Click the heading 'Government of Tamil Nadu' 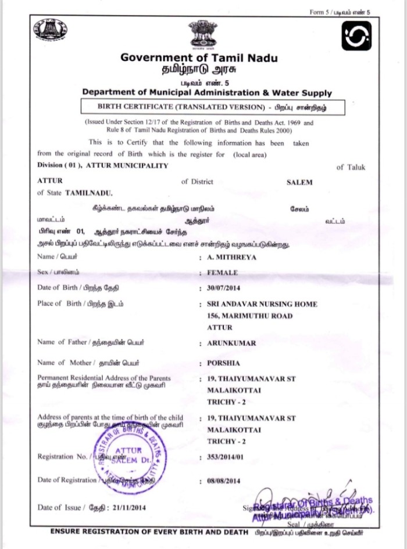[199, 58]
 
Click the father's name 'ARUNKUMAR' [231, 343]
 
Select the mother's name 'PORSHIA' [224, 363]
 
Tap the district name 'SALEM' [299, 182]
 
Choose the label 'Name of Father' [62, 342]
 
